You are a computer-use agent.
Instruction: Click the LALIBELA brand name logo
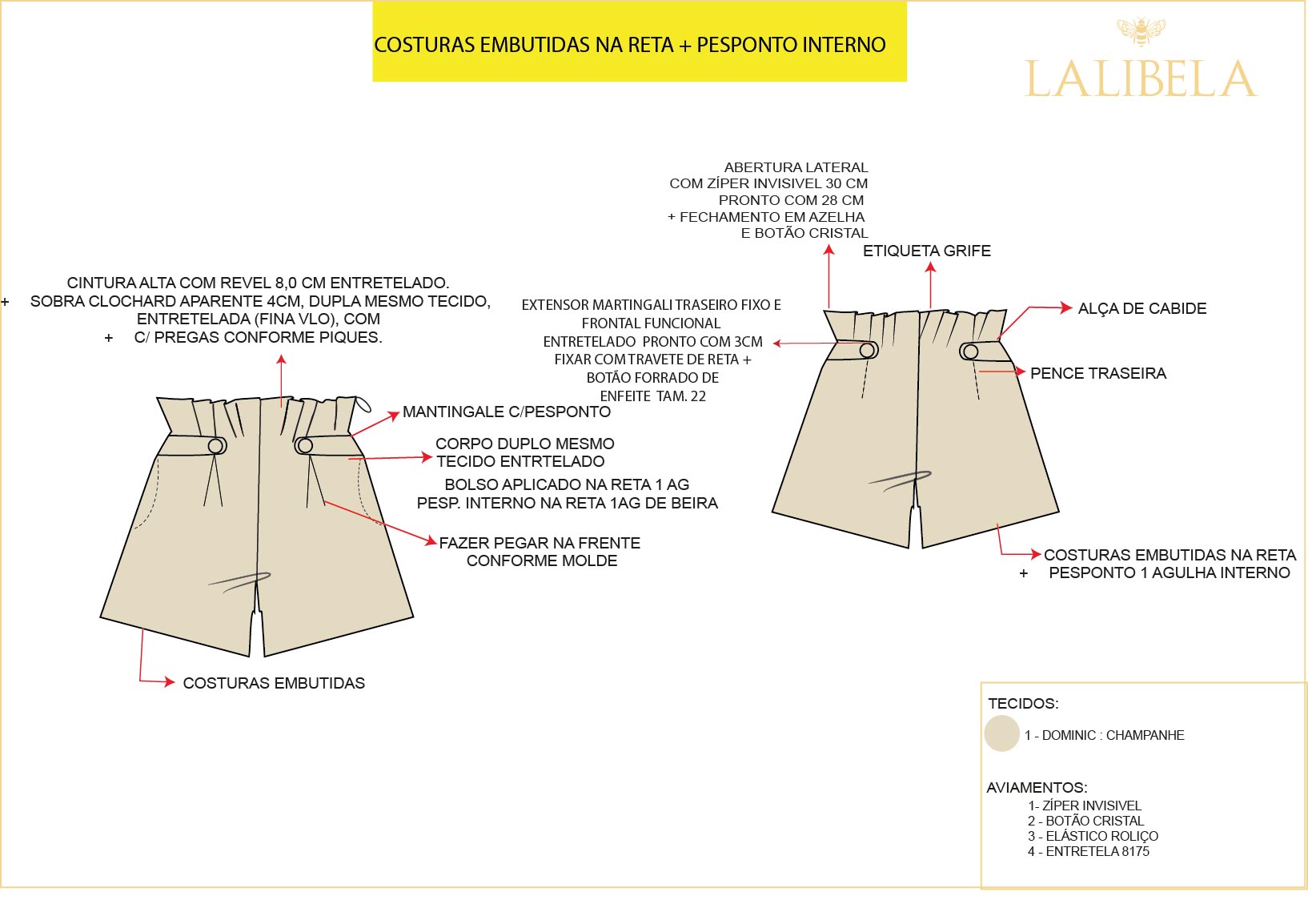coord(1141,78)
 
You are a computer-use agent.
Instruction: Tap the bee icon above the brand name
coord(1141,32)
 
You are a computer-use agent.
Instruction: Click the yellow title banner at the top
coord(639,42)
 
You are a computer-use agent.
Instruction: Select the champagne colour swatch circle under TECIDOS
coord(1001,733)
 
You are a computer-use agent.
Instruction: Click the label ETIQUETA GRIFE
coord(926,251)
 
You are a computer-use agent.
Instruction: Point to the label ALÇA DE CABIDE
coord(1141,308)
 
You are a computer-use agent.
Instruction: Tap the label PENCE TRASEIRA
coord(1097,373)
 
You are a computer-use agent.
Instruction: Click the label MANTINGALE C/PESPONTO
coord(506,412)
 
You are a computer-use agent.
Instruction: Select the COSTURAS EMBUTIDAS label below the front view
coord(274,683)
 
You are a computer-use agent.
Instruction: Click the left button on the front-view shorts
coord(216,445)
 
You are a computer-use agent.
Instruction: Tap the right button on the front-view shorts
coord(305,445)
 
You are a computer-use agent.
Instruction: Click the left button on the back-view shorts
coord(867,350)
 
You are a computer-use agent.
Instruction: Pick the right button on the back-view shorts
coord(970,351)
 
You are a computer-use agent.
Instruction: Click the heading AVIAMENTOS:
coord(1037,787)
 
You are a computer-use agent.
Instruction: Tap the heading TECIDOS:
coord(1023,703)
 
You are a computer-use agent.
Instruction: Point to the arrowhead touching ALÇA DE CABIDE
coord(1066,307)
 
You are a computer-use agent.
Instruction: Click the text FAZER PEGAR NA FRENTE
coord(540,543)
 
